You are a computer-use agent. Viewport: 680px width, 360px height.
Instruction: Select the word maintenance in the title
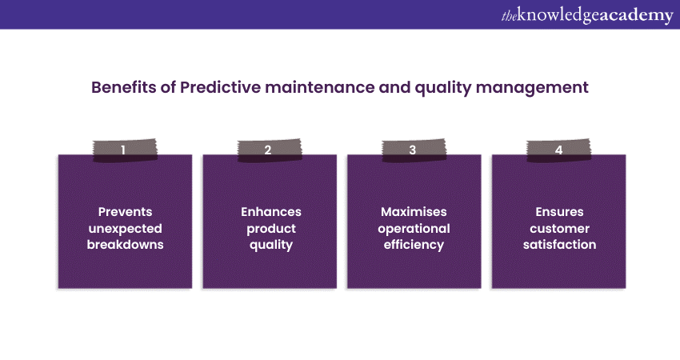pyautogui.click(x=320, y=87)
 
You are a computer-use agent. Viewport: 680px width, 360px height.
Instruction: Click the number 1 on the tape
pyautogui.click(x=123, y=150)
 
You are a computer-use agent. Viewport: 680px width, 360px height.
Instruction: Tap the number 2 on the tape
pyautogui.click(x=268, y=150)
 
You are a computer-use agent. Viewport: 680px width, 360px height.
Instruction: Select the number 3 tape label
pyautogui.click(x=413, y=150)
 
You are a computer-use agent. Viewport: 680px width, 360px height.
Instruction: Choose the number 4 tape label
pyautogui.click(x=558, y=150)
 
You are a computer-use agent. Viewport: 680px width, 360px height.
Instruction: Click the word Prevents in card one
pyautogui.click(x=126, y=212)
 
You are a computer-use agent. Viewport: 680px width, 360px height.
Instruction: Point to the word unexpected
pyautogui.click(x=126, y=229)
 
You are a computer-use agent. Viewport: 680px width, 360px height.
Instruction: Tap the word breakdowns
pyautogui.click(x=126, y=245)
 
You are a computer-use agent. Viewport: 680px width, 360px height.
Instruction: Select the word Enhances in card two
pyautogui.click(x=271, y=212)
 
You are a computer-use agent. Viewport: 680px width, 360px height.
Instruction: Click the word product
pyautogui.click(x=271, y=229)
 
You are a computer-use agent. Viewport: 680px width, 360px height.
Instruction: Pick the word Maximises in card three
pyautogui.click(x=414, y=212)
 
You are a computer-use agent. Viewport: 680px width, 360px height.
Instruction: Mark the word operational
pyautogui.click(x=414, y=229)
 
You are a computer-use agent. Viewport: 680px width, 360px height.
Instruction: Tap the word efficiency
pyautogui.click(x=414, y=245)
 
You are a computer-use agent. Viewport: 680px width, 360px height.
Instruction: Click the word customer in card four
pyautogui.click(x=559, y=229)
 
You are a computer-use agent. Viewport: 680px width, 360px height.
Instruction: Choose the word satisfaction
pyautogui.click(x=559, y=245)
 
